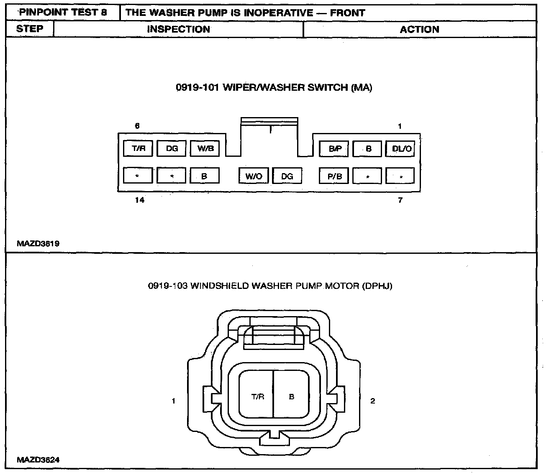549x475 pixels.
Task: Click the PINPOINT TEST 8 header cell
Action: coord(63,13)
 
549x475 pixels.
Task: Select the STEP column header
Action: coord(30,29)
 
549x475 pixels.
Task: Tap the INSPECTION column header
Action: coord(178,29)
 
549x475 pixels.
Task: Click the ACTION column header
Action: coord(419,29)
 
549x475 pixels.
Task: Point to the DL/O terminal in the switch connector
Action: coord(402,148)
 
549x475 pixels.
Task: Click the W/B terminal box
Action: coord(205,148)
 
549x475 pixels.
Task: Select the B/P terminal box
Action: coord(335,148)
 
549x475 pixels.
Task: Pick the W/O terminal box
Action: coord(254,176)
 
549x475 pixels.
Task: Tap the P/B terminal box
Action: coord(335,176)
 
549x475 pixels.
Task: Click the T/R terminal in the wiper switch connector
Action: coord(139,148)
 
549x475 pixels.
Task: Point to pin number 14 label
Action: coord(140,200)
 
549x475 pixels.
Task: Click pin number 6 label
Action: coord(137,126)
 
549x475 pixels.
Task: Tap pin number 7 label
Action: coord(400,200)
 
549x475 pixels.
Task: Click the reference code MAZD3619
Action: coord(38,243)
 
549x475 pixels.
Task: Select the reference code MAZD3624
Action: coord(38,460)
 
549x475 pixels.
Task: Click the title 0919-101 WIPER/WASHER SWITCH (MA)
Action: coord(274,87)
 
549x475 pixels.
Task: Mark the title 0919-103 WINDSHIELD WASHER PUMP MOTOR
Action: coord(270,286)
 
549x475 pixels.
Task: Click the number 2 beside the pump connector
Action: coord(372,401)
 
